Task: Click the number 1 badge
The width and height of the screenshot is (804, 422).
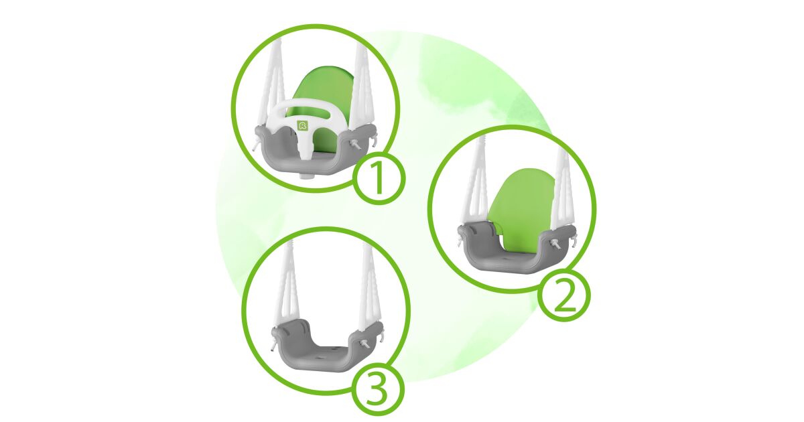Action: (x=379, y=179)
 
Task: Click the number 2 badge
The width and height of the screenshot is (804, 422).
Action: (x=564, y=295)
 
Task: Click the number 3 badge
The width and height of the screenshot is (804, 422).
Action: (x=378, y=390)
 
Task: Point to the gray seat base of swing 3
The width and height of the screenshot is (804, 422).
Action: (x=327, y=344)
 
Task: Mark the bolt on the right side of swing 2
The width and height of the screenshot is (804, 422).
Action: (x=555, y=244)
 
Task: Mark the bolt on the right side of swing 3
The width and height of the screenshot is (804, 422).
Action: (x=365, y=344)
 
